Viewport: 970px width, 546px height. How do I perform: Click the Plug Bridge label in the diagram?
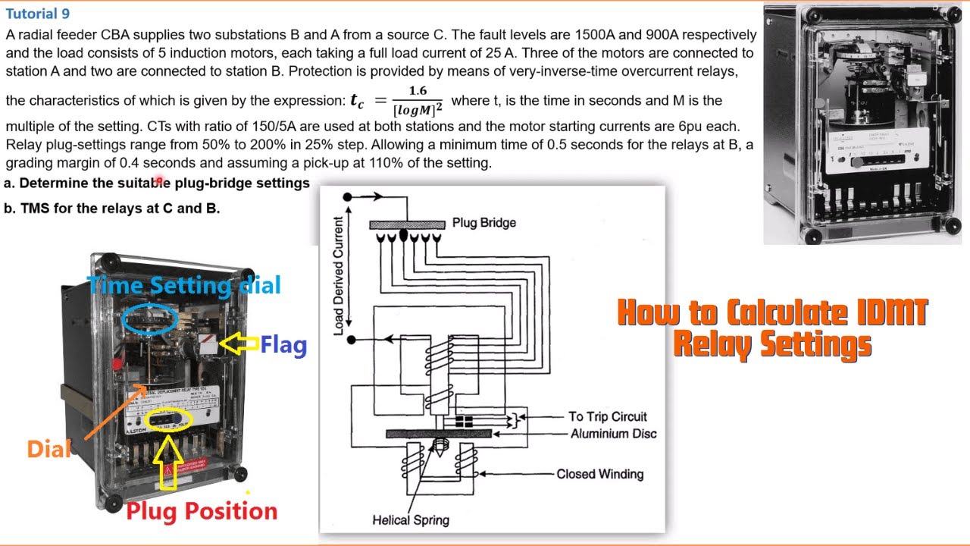tap(483, 223)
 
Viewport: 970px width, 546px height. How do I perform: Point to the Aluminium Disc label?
tap(613, 434)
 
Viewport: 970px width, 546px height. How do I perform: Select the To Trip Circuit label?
tap(608, 416)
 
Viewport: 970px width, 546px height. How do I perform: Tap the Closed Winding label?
tap(599, 474)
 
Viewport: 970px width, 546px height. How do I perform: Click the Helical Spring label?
tap(411, 520)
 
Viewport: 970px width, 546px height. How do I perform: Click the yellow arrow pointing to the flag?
tap(239, 345)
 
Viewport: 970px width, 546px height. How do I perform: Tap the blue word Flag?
tap(283, 346)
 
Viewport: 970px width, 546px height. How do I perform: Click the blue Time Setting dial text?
tap(184, 286)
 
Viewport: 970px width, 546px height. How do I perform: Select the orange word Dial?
tap(48, 449)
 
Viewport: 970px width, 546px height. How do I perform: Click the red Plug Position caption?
tap(202, 511)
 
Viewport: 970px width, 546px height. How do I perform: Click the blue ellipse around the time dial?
tap(149, 320)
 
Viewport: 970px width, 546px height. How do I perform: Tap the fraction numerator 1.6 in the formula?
tap(417, 91)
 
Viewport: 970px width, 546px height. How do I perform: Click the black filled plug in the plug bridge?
tap(403, 236)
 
